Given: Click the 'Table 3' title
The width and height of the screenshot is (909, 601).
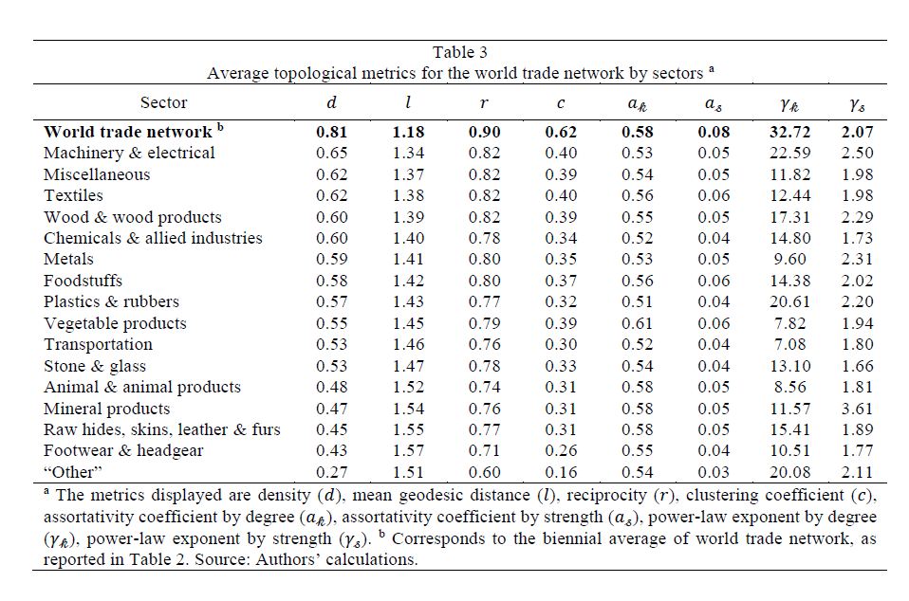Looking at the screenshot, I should (x=460, y=52).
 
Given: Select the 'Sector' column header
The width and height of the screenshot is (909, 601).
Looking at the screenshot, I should (x=163, y=102).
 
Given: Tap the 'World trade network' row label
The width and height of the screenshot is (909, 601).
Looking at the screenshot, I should (x=128, y=132).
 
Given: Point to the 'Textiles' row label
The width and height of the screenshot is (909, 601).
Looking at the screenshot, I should (x=73, y=195).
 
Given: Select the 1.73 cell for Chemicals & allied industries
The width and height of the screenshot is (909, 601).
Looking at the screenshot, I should (x=856, y=238).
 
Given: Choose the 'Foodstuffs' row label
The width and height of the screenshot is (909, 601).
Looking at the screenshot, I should (x=83, y=281).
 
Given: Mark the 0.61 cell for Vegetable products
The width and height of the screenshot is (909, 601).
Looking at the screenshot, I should (x=637, y=323).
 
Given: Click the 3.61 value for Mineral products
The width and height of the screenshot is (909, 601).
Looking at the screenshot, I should (x=856, y=409).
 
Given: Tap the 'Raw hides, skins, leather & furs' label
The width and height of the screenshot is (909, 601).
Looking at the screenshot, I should (x=162, y=429).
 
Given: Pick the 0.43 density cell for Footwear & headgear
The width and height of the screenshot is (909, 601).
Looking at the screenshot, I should (x=332, y=451).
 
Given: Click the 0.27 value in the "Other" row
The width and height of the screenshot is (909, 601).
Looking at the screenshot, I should (x=332, y=472).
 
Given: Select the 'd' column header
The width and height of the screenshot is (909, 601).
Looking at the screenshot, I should (x=332, y=102).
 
